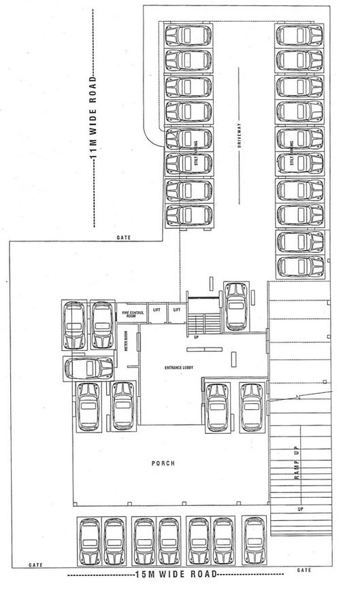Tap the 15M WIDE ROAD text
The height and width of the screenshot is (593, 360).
[177, 575]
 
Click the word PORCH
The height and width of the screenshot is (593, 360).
[163, 463]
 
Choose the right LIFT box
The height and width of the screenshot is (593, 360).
[176, 310]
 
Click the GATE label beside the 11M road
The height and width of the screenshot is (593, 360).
[123, 237]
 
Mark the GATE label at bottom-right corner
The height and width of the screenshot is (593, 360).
[306, 569]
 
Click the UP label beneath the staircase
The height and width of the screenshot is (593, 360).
[197, 337]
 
